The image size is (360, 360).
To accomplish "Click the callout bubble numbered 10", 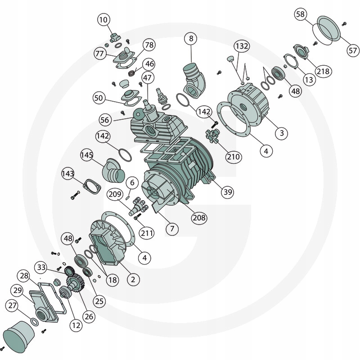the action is (103, 20).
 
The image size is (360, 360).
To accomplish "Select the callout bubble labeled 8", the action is (191, 39).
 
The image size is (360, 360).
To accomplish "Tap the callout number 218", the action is (323, 72).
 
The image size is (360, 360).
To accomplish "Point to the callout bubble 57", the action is (352, 50).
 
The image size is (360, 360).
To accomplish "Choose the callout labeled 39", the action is (228, 192).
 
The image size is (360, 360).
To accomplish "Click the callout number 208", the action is (199, 217).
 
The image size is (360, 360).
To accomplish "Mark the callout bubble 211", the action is (147, 233).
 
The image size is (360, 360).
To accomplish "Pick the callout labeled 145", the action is (87, 155).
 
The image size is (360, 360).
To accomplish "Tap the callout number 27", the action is (13, 306).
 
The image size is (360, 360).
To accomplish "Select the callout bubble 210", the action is (234, 157).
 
